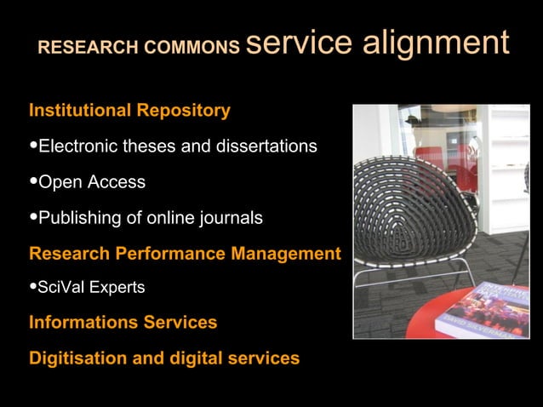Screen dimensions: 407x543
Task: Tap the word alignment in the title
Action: (436, 43)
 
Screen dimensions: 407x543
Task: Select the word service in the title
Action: (298, 43)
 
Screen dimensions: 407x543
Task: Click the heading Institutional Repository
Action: (129, 111)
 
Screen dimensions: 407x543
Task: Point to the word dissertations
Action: (266, 147)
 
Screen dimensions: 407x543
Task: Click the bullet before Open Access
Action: (34, 182)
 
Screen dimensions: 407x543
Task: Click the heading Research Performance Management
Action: (185, 254)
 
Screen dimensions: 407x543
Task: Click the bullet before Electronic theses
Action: (34, 146)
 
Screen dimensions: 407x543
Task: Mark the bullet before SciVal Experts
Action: (34, 288)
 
